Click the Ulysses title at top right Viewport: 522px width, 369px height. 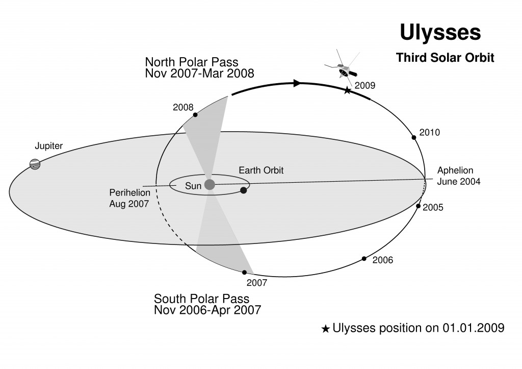click(x=440, y=33)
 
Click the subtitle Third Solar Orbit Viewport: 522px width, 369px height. click(x=445, y=58)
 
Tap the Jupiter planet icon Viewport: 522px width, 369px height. click(x=35, y=164)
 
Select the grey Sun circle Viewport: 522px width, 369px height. click(x=210, y=184)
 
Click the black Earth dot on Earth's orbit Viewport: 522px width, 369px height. click(x=243, y=190)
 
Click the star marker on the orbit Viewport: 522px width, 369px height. click(x=347, y=90)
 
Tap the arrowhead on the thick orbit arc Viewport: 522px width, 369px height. click(x=297, y=83)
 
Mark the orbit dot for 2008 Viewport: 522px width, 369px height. click(x=195, y=115)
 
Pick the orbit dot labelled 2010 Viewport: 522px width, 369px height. click(x=414, y=137)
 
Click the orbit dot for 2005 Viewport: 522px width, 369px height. click(x=419, y=206)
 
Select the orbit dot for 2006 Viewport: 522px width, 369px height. click(x=364, y=259)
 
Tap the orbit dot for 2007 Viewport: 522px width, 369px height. click(x=244, y=273)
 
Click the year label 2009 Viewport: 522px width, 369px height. click(x=365, y=86)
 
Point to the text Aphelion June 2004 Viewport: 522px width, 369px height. click(x=459, y=176)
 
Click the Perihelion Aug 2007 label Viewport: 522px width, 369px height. click(x=129, y=198)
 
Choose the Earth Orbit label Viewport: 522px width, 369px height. click(x=261, y=170)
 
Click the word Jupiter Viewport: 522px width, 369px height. click(x=49, y=146)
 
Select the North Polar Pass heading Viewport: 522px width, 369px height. click(x=192, y=62)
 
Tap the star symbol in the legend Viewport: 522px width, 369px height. click(x=326, y=329)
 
